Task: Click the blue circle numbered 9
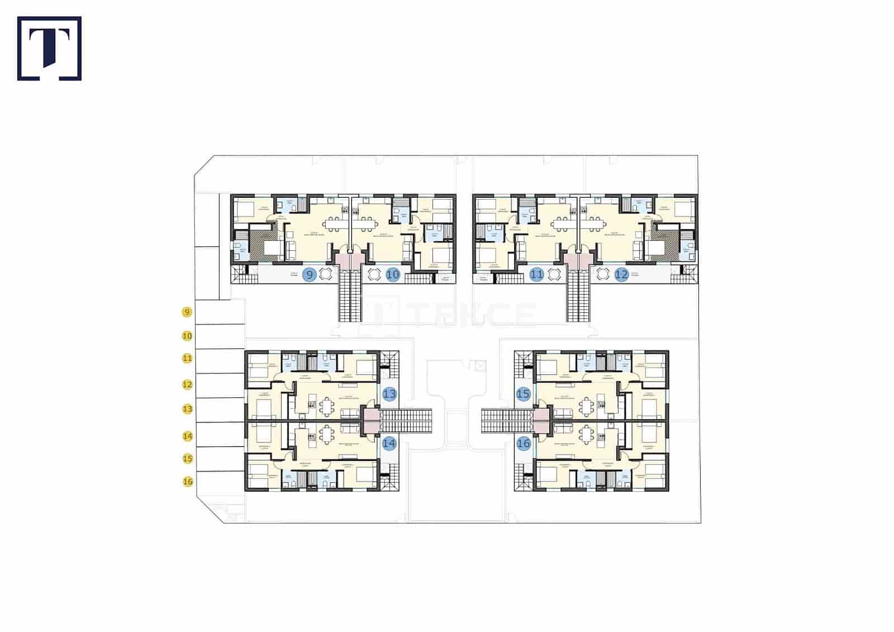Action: (x=310, y=274)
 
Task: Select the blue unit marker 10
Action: (x=393, y=274)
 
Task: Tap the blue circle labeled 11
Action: (x=537, y=274)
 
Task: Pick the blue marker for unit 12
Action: (x=621, y=274)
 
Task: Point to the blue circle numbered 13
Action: (x=389, y=394)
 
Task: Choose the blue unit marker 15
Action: (x=523, y=394)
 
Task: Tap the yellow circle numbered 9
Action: (x=188, y=312)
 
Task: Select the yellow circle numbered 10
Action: (x=188, y=336)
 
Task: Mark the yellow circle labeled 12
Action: (x=188, y=384)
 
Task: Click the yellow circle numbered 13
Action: (x=188, y=409)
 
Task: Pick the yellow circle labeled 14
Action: (x=188, y=435)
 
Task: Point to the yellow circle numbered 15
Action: (x=188, y=458)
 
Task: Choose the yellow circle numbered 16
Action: (x=188, y=481)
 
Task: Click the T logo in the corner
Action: (x=49, y=48)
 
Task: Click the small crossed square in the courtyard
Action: (x=479, y=366)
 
